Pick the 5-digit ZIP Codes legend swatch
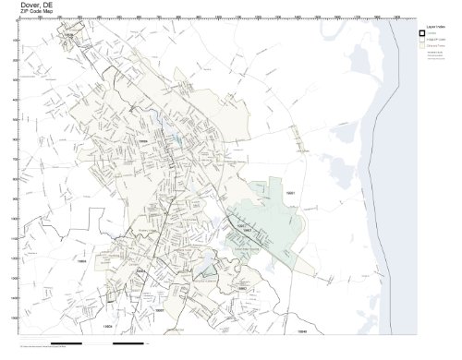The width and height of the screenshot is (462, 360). click(x=424, y=40)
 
